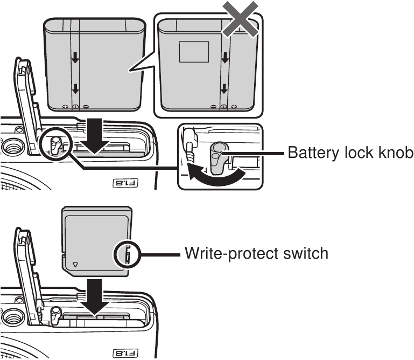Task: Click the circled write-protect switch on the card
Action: pyautogui.click(x=125, y=253)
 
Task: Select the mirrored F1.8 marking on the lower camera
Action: pyautogui.click(x=124, y=353)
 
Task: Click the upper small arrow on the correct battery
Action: pyautogui.click(x=75, y=57)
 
